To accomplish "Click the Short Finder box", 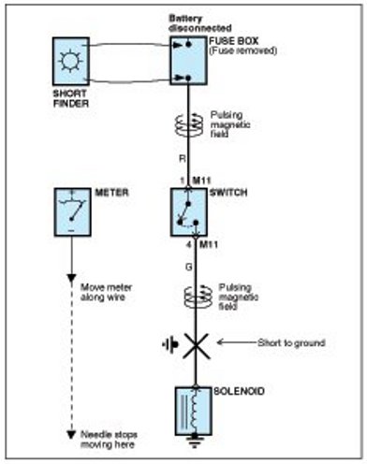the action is (71, 61).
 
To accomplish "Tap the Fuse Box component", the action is (188, 60).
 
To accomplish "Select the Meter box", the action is (73, 212).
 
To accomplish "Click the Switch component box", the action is (188, 212).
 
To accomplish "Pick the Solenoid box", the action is (194, 411).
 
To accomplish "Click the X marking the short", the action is (196, 345).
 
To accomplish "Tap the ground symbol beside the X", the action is (170, 345).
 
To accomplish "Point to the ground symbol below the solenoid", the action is (195, 442).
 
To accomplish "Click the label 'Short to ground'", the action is (291, 343).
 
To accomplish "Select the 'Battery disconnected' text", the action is (200, 23).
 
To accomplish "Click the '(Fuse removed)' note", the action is (242, 51).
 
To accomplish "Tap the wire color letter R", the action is (183, 159).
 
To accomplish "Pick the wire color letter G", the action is (189, 268).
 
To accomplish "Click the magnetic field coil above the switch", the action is (189, 125).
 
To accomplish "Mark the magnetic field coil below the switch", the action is (198, 297).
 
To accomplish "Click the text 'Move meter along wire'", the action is (107, 292).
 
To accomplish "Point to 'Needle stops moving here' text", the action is (109, 440).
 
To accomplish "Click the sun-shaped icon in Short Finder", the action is (70, 61).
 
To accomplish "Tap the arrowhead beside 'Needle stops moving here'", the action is (71, 434).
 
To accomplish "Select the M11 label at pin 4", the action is (209, 244).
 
